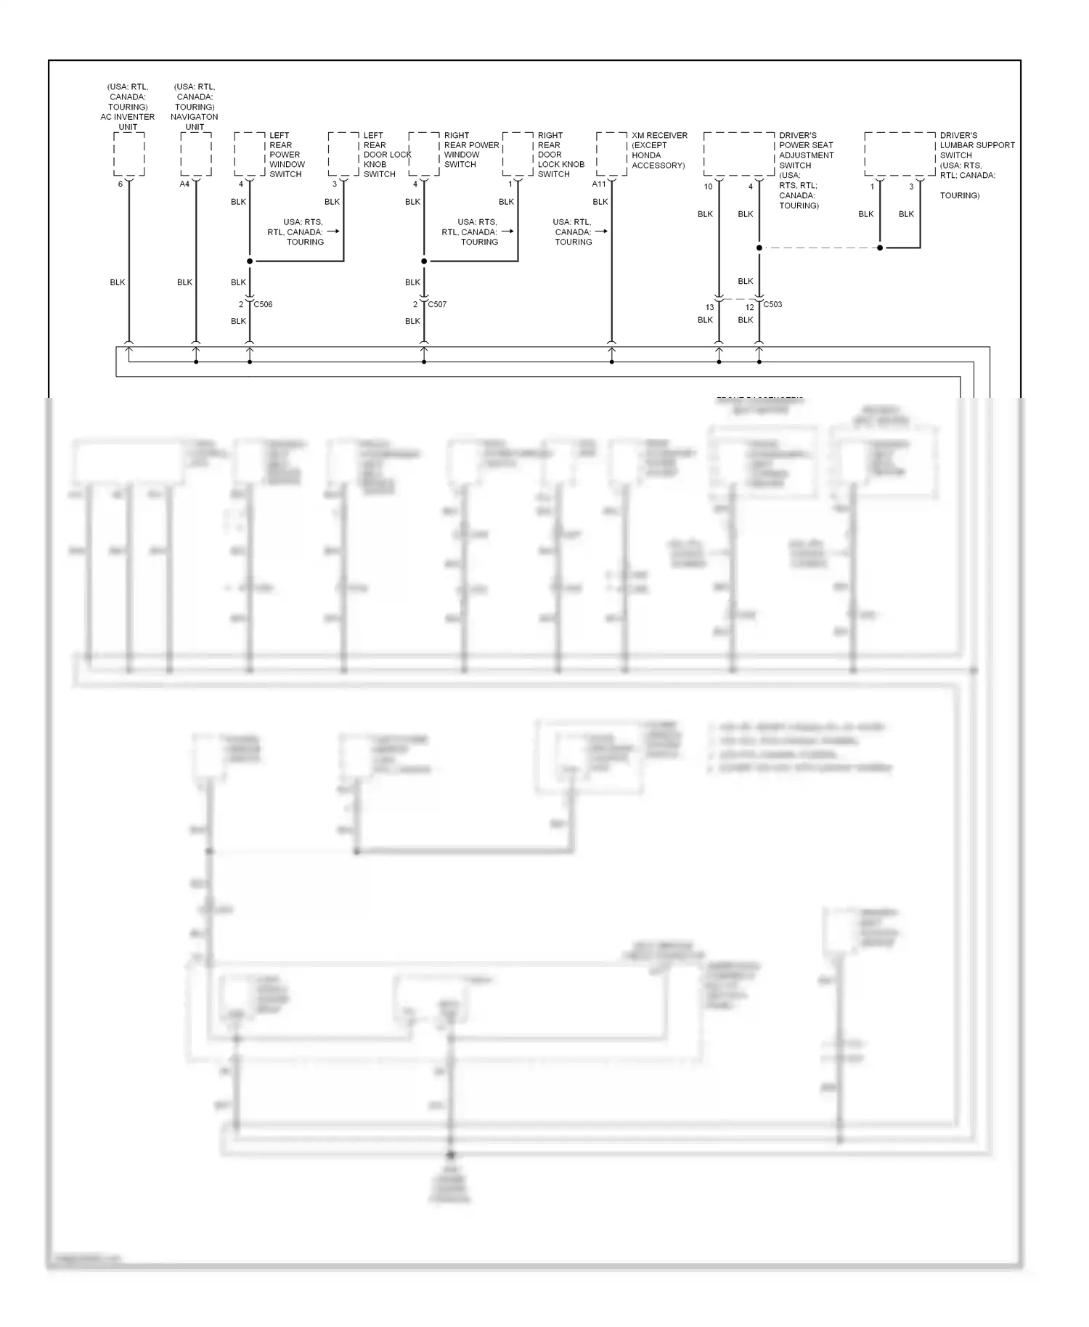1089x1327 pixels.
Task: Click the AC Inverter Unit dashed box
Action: coord(129,155)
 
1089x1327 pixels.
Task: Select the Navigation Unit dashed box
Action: coord(195,155)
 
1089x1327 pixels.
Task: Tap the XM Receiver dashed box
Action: coord(611,154)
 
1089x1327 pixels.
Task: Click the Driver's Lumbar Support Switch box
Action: coord(900,154)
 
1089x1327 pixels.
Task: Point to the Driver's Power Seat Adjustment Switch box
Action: coord(739,154)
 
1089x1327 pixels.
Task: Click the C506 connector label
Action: coord(264,304)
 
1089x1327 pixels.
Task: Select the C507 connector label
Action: coord(437,304)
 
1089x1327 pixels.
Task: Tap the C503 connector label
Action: coord(772,304)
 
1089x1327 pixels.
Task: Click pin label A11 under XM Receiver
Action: coord(599,184)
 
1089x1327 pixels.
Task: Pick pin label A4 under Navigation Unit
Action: coord(184,184)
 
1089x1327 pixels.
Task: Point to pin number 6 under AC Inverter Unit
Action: coord(121,184)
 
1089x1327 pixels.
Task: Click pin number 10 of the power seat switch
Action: coord(708,187)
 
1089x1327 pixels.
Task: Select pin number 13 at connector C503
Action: coord(709,307)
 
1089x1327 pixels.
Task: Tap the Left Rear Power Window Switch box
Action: coord(249,154)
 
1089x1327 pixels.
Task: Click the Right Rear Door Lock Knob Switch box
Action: coord(518,154)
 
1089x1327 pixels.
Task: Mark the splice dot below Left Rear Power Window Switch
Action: coord(250,261)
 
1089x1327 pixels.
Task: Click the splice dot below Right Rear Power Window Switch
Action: coord(424,261)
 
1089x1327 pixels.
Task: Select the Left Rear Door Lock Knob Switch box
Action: coord(343,154)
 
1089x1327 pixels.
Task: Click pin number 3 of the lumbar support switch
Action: coord(912,187)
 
